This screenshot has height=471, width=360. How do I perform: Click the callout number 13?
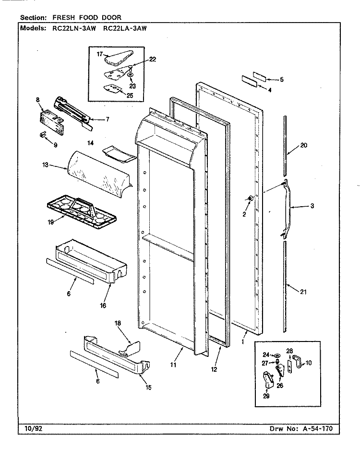click(46, 165)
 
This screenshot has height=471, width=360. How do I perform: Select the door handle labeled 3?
click(287, 207)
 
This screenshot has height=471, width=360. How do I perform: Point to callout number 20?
click(303, 145)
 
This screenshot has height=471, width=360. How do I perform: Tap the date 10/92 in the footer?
click(31, 428)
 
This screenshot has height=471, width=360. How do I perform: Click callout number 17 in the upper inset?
click(100, 54)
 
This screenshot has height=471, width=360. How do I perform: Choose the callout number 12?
click(214, 369)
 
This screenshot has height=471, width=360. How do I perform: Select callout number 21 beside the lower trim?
click(303, 292)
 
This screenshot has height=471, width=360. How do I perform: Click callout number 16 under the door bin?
click(103, 306)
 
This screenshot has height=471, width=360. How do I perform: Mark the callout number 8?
click(38, 100)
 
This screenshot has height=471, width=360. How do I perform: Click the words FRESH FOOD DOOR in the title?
click(87, 17)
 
